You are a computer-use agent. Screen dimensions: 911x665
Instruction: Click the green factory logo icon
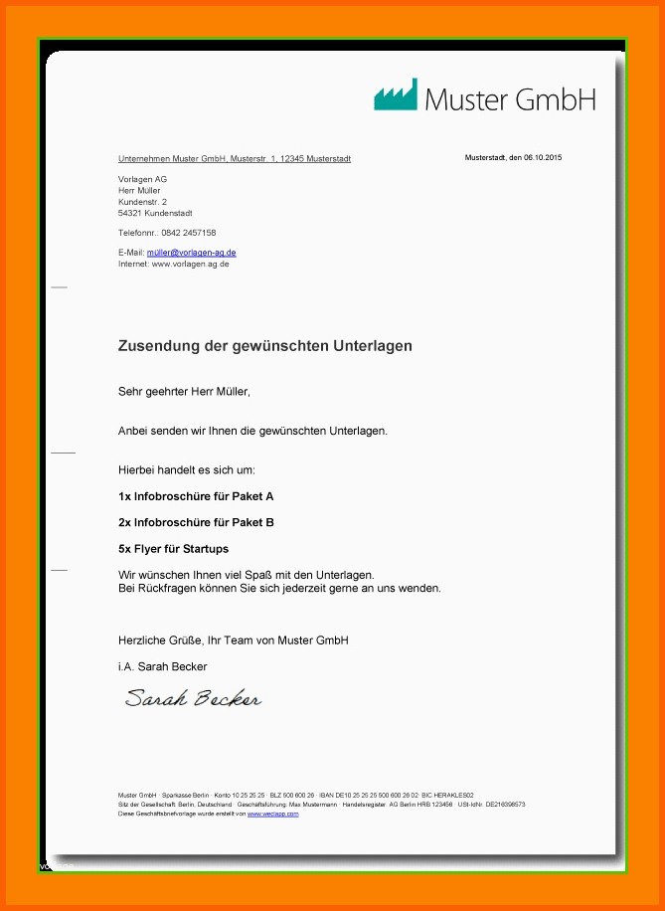click(x=395, y=94)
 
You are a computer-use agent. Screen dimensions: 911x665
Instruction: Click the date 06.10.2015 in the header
click(x=543, y=158)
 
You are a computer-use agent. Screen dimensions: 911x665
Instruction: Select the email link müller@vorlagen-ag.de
click(x=191, y=253)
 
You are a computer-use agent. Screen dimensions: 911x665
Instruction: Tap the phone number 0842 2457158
click(x=188, y=233)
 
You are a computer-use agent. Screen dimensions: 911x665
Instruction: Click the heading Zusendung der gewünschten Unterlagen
click(x=264, y=346)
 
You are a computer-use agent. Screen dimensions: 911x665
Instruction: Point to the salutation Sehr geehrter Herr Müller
click(x=184, y=392)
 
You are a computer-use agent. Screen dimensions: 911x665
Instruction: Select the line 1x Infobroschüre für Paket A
click(x=196, y=495)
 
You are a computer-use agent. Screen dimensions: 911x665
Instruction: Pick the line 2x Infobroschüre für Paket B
click(x=196, y=522)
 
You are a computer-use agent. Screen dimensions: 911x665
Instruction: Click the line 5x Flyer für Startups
click(x=173, y=549)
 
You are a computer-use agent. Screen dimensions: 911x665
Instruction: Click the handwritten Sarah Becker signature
click(x=193, y=698)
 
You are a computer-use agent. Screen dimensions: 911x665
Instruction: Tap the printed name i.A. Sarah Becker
click(x=162, y=666)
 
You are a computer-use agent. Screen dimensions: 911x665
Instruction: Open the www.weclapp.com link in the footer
click(x=272, y=814)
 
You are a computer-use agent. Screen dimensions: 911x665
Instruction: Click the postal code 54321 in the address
click(x=129, y=213)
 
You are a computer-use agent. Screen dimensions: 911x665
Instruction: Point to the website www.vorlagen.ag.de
click(x=191, y=264)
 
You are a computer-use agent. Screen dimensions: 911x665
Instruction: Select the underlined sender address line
click(x=234, y=159)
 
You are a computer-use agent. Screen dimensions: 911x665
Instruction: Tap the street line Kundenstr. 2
click(x=142, y=202)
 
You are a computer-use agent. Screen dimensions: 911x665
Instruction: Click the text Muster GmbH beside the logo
click(x=510, y=98)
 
